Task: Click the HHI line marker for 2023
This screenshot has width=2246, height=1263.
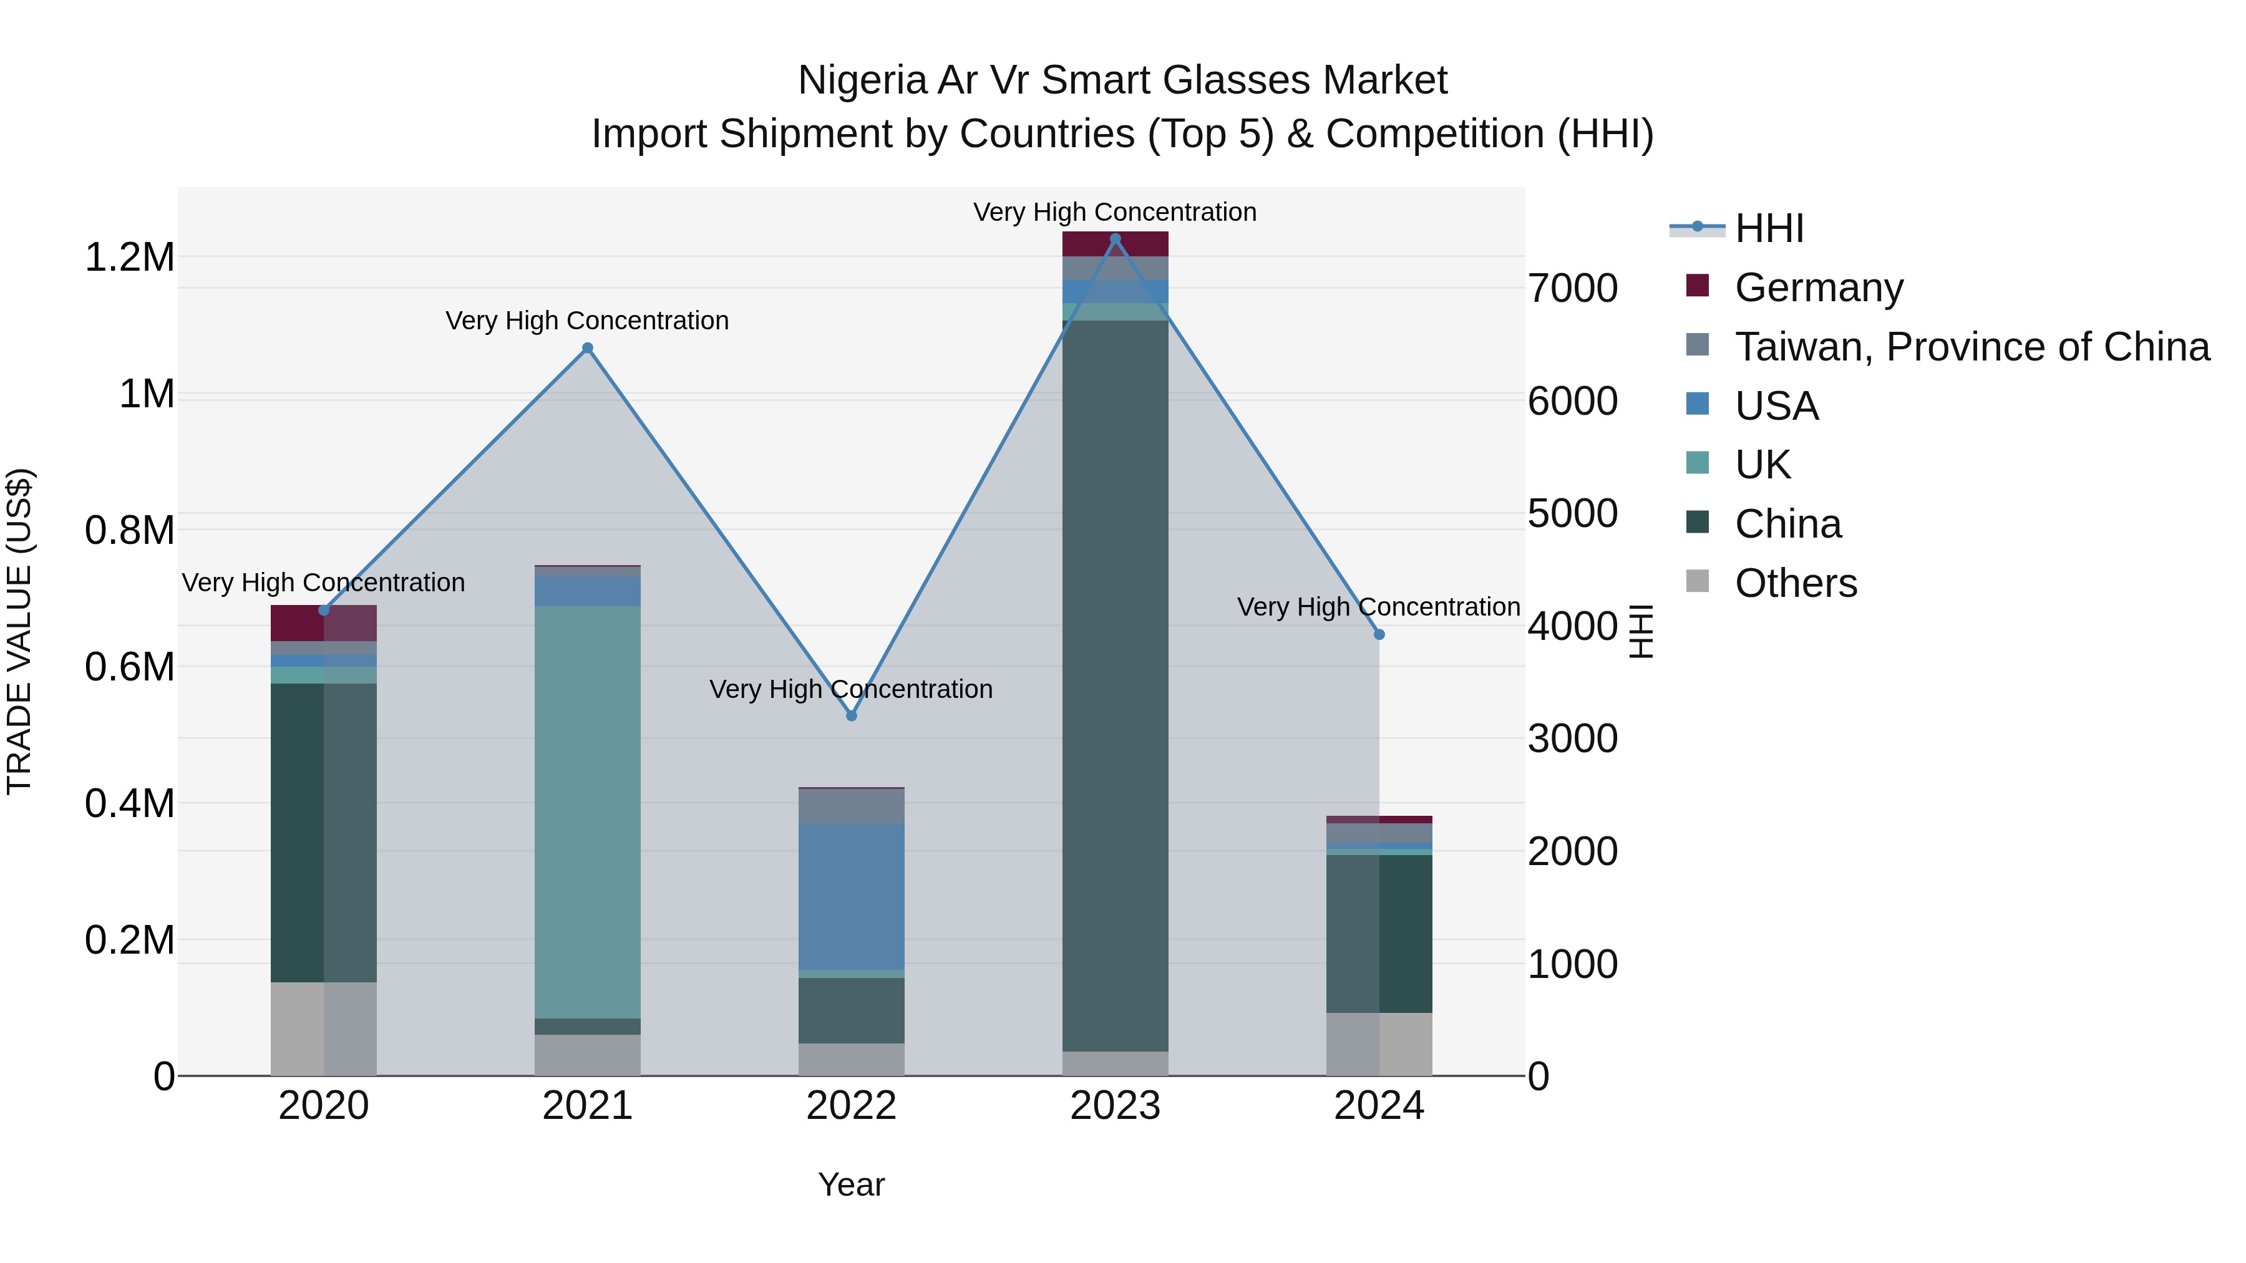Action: pos(1115,239)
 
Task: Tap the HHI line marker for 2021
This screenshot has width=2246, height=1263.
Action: pos(588,349)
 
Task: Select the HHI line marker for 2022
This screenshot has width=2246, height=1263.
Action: pos(852,715)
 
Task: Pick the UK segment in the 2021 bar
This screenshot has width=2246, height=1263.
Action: pos(588,811)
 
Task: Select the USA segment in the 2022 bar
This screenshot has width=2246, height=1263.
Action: pos(852,896)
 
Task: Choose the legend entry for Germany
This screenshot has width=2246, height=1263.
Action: pos(1818,288)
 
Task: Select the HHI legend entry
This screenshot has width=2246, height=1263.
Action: pos(1768,228)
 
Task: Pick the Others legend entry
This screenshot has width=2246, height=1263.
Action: pos(1795,583)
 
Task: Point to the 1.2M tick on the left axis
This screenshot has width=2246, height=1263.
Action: pos(129,258)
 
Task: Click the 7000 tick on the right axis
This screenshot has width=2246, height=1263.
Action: pos(1573,289)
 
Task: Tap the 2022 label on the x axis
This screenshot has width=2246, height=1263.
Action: pos(852,1106)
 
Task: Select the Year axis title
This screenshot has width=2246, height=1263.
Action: pos(851,1184)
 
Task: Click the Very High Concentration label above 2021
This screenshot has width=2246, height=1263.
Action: pos(587,321)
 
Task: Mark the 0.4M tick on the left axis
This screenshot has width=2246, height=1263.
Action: pos(129,804)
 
